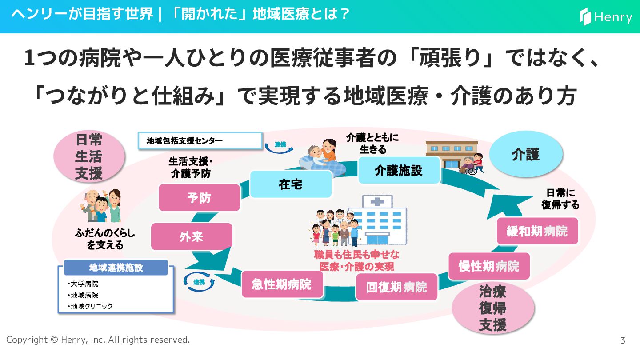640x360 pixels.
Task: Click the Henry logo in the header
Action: tap(606, 17)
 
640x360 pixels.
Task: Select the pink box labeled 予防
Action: tap(199, 197)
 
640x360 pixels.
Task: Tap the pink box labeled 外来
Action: tap(192, 236)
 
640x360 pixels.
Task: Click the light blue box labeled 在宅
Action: tap(291, 184)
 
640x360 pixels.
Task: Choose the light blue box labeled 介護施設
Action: tap(399, 170)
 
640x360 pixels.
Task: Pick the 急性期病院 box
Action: tap(282, 284)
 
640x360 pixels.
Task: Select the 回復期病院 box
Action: tap(396, 287)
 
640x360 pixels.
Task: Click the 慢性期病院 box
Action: tap(489, 266)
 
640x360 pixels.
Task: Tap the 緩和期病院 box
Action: tap(537, 231)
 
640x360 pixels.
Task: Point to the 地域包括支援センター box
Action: tap(200, 141)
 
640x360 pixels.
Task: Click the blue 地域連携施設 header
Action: tap(116, 268)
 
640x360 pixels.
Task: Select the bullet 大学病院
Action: tap(84, 284)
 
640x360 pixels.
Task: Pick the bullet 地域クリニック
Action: tap(91, 306)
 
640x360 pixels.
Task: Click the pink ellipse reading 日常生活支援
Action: tap(88, 156)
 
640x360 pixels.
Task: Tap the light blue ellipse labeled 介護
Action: tap(526, 154)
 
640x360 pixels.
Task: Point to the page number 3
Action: tap(623, 340)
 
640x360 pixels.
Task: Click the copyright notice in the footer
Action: tap(98, 340)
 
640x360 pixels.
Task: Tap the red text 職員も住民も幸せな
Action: tap(356, 255)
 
